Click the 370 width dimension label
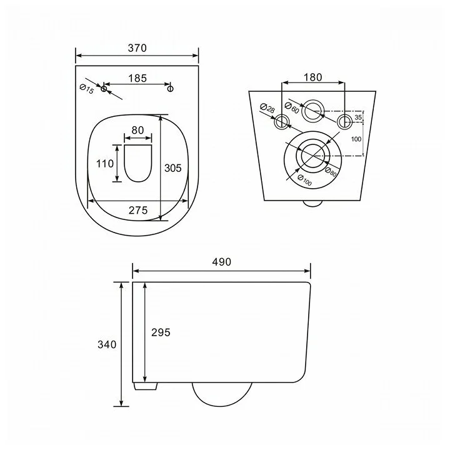pyautogui.click(x=137, y=48)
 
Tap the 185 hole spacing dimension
pyautogui.click(x=137, y=78)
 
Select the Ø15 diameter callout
pyautogui.click(x=86, y=89)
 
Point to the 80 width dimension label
pyautogui.click(x=137, y=130)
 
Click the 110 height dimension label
pyautogui.click(x=105, y=164)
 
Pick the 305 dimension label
pyautogui.click(x=172, y=168)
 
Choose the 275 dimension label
pyautogui.click(x=138, y=211)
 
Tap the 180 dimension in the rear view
pyautogui.click(x=313, y=77)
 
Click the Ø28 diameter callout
pyautogui.click(x=267, y=108)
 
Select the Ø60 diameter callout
pyautogui.click(x=292, y=107)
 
